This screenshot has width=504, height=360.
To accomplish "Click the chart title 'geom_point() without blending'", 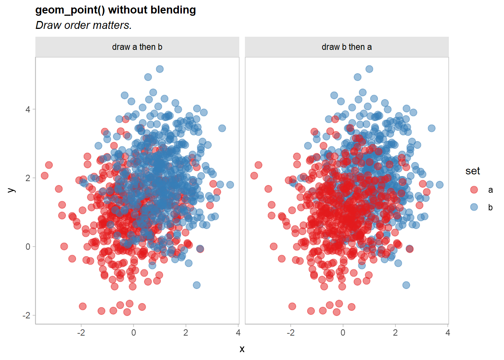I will pos(115,10).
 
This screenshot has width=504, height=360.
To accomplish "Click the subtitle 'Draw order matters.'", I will pos(83,25).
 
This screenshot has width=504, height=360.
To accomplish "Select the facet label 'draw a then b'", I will pos(137,47).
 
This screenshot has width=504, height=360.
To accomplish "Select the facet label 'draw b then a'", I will pos(347,47).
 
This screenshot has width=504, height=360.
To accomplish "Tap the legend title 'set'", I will pos(472,171).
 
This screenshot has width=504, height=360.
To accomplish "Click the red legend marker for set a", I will pos(474,190).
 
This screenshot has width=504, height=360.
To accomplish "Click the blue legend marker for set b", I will pos(474,207).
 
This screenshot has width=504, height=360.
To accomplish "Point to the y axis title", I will pos(11,190).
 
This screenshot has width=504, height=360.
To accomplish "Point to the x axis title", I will pos(242,349).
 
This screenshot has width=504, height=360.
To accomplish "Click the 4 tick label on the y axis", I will pos(28,109).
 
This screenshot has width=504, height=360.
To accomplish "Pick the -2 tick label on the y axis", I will pos(26,315).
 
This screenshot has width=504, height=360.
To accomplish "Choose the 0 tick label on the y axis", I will pos(28,247).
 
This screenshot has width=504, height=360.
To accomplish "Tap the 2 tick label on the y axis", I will pos(28,178).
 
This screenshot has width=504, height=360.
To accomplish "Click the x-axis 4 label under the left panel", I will pos(238,333).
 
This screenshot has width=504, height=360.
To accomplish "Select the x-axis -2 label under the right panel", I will pos(291,333).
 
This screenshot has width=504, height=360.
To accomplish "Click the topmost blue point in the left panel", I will pos(160,69).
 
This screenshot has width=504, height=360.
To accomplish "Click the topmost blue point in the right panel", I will pos(369,69).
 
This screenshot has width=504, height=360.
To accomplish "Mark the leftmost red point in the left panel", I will pos(45,175).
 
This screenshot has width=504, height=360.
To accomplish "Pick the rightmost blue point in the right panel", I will pos(440,184).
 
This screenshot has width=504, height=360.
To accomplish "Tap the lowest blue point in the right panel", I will pos(406,285).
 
